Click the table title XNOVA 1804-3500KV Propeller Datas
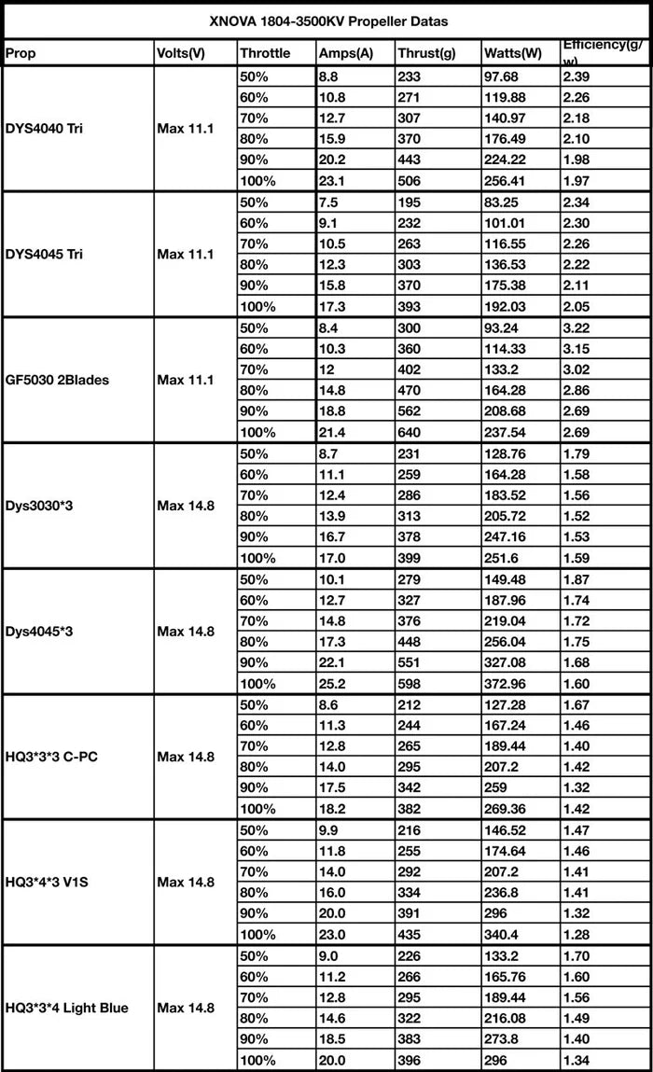coord(327,20)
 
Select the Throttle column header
coord(265,53)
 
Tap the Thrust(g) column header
coord(426,53)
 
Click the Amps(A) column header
coord(345,53)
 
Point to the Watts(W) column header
coord(513,53)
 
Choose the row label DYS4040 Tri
coord(44,128)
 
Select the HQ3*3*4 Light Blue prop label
coord(67,1008)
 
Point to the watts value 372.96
coord(509,684)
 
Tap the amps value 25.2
coord(332,684)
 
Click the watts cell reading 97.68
coord(506,76)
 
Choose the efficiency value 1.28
coord(578,935)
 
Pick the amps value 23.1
coord(332,180)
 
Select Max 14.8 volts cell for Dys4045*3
coord(186,632)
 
